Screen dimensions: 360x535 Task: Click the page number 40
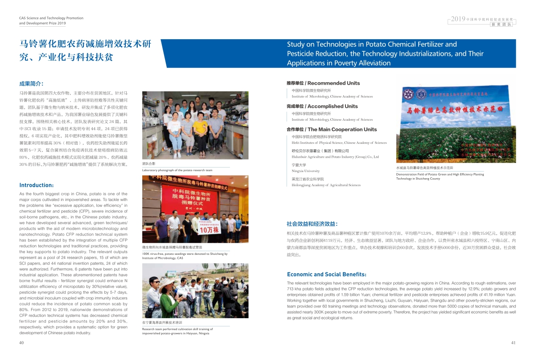pos(21,343)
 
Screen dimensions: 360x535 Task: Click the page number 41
pos(513,343)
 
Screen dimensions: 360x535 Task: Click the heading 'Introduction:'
pos(37,185)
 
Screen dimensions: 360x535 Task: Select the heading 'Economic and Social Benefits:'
pos(327,274)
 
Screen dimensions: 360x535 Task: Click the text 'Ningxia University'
pos(305,171)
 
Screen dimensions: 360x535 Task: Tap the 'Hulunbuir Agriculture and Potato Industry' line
pos(335,157)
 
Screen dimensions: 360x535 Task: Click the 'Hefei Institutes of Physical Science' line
pos(339,143)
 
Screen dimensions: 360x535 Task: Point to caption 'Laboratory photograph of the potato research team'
pos(177,170)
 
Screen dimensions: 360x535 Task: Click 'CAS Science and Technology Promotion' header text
pos(51,18)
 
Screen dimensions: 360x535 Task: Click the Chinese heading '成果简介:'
pos(31,83)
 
